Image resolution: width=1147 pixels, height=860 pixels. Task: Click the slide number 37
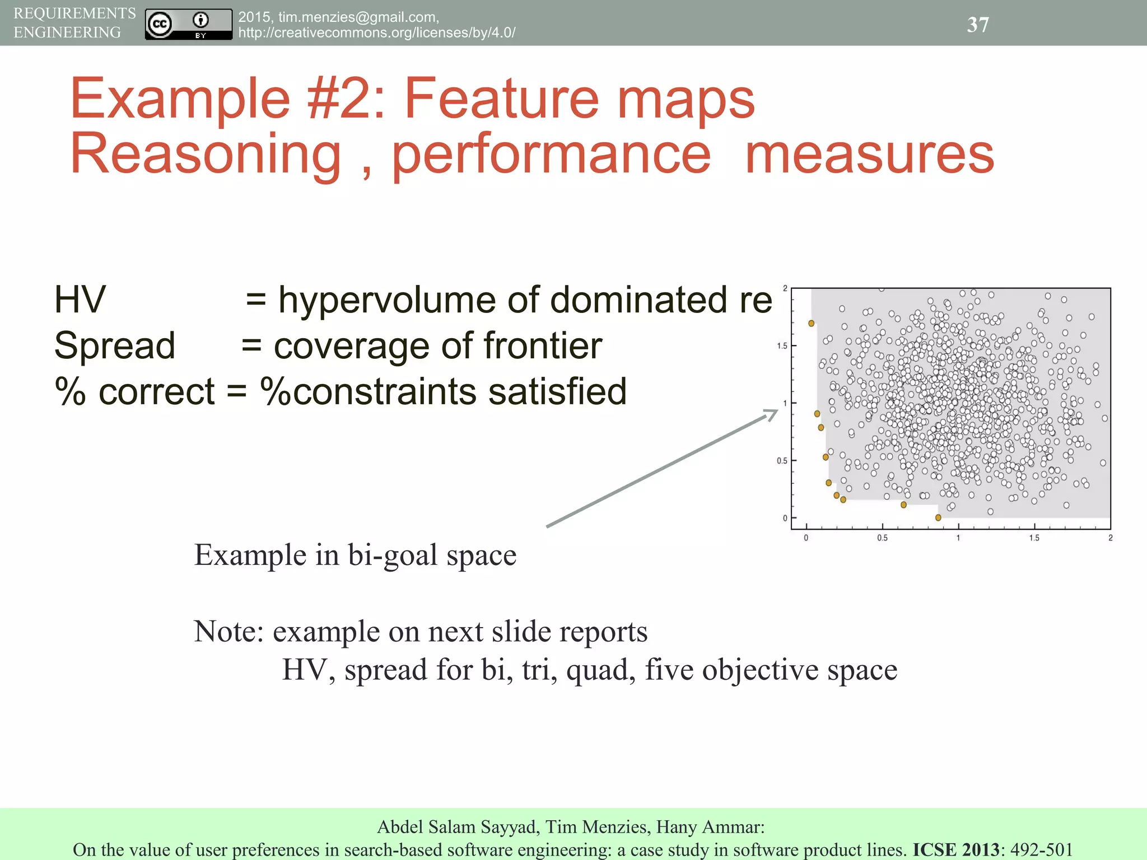978,25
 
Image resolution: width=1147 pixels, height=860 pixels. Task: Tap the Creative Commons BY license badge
188,24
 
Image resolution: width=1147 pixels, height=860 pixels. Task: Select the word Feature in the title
501,99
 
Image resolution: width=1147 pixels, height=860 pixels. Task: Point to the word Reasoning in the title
206,155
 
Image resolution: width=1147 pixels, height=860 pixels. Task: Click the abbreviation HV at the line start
80,300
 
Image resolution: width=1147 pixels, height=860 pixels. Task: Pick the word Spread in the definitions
115,345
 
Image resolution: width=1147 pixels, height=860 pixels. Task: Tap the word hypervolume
387,300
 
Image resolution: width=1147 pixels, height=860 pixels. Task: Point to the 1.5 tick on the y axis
782,346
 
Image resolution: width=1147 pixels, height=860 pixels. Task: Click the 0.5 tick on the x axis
882,538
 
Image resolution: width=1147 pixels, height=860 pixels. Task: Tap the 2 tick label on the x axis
1110,538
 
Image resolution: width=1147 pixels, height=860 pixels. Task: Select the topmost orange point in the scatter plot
811,323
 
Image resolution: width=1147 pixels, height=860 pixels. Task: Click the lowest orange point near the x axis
938,518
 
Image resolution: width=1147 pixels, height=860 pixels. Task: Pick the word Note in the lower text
228,632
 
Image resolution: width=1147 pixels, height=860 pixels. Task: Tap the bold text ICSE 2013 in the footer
956,849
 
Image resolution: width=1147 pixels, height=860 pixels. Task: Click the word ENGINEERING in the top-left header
67,32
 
